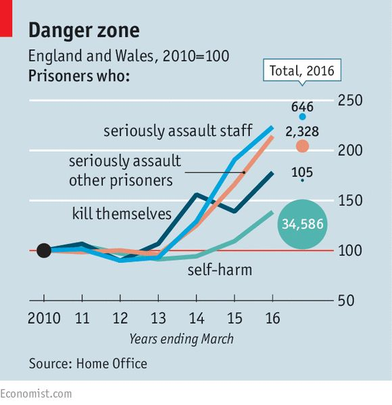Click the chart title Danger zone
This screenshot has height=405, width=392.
(x=84, y=30)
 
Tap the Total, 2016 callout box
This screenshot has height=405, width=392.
(x=302, y=70)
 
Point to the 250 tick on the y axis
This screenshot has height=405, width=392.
(x=350, y=100)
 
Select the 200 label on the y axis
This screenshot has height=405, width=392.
(x=350, y=150)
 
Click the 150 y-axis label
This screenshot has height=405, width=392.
(x=350, y=200)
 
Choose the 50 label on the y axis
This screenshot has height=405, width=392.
(x=346, y=301)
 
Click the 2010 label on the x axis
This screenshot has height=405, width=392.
(x=44, y=318)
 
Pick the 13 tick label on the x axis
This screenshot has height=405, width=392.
(x=158, y=318)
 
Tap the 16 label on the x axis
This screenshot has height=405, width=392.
(x=272, y=318)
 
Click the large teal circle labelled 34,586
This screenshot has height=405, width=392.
(x=302, y=224)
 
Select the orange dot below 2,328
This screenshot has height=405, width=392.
(x=302, y=146)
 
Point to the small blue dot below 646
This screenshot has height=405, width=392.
(x=302, y=116)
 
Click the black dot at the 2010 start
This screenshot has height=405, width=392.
(x=44, y=251)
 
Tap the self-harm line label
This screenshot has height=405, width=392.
(x=220, y=270)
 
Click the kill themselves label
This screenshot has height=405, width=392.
(x=122, y=214)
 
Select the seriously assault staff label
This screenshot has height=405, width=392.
(x=178, y=131)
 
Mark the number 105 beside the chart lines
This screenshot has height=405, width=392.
(x=302, y=172)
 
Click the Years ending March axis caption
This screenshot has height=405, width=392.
(x=181, y=339)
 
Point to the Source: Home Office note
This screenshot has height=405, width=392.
(x=88, y=364)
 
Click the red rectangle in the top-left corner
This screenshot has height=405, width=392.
(x=6, y=18)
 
